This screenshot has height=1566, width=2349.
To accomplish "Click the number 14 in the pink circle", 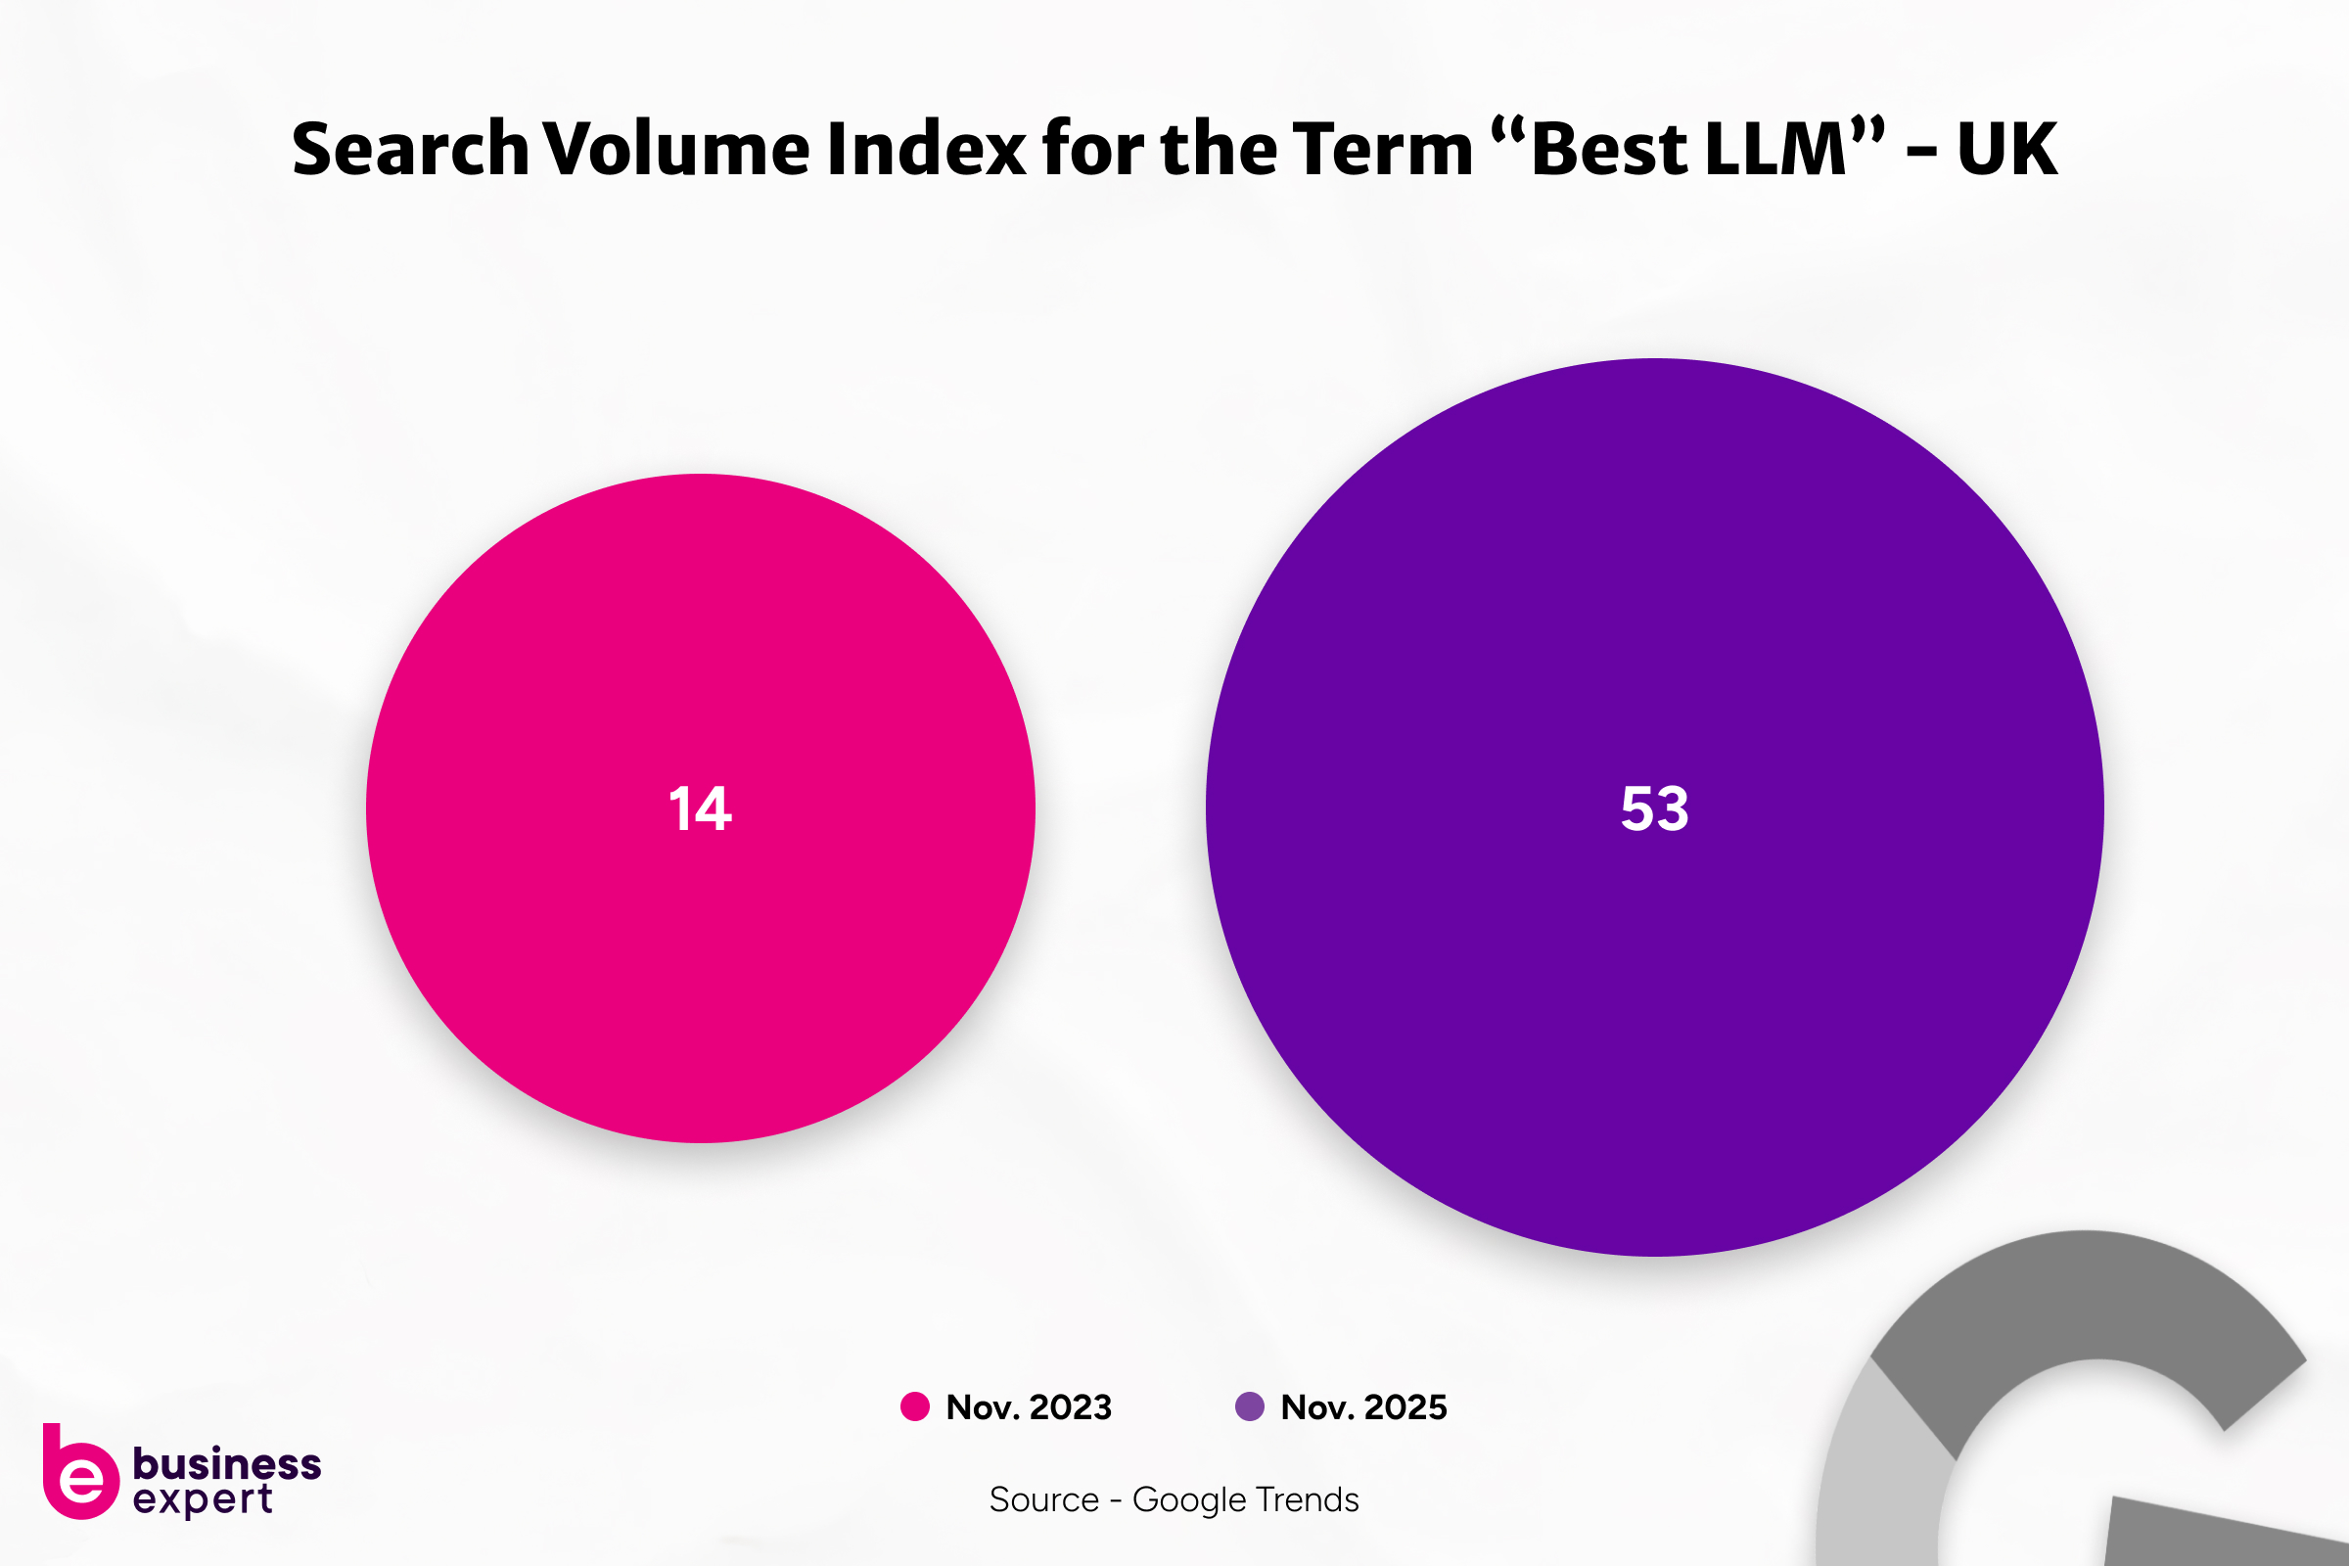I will tap(700, 808).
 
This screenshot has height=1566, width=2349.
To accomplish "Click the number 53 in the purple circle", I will tap(1654, 808).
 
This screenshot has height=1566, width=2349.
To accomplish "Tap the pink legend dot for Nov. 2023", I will tap(915, 1406).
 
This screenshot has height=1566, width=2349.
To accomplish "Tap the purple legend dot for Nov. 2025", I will tap(1250, 1406).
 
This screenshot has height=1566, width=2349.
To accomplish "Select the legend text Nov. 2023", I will tap(1029, 1406).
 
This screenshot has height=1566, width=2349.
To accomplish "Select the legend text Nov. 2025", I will tap(1363, 1406).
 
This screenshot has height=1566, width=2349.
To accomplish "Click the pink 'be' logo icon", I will tap(79, 1474).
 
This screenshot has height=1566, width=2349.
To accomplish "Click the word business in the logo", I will tap(227, 1463).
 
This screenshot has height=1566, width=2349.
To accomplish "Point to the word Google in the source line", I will tap(1189, 1499).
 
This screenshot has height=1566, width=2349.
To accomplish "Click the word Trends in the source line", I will tap(1308, 1499).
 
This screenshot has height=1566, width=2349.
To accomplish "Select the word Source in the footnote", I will tap(1043, 1499).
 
